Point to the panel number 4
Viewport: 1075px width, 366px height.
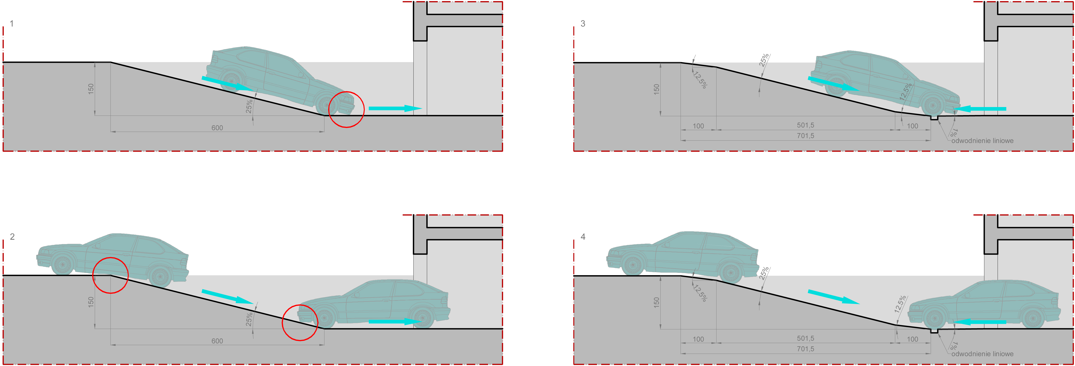583,237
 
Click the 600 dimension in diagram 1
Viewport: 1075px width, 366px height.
217,128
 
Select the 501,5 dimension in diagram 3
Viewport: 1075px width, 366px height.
805,125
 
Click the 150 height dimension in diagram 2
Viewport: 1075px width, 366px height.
91,302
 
